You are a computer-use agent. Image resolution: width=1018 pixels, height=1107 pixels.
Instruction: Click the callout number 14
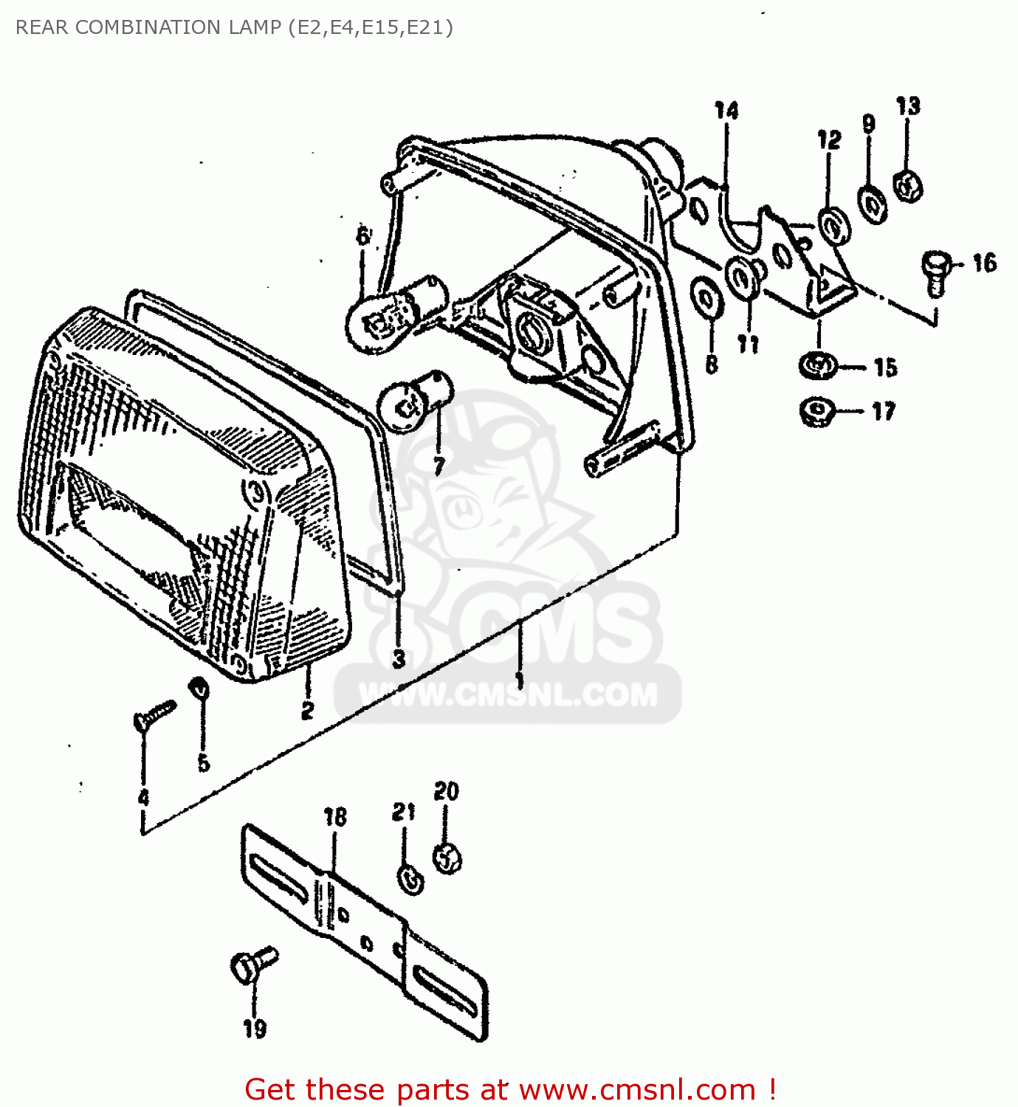pyautogui.click(x=726, y=111)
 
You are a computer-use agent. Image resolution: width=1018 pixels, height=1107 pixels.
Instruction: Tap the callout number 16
pyautogui.click(x=984, y=263)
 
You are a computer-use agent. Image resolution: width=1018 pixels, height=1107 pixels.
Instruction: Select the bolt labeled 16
pyautogui.click(x=935, y=272)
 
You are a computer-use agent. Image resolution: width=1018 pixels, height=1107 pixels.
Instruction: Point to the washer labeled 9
pyautogui.click(x=873, y=203)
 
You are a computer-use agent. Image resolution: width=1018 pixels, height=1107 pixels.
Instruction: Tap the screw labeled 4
pyautogui.click(x=154, y=714)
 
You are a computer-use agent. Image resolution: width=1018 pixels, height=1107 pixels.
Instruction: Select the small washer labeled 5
pyautogui.click(x=199, y=689)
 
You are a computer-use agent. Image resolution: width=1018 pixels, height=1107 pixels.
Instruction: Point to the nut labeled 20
pyautogui.click(x=447, y=858)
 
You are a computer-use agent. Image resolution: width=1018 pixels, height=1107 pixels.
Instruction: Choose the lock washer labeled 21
pyautogui.click(x=410, y=878)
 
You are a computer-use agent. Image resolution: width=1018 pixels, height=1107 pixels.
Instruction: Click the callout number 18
pyautogui.click(x=334, y=817)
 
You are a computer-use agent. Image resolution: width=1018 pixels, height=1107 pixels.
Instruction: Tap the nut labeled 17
pyautogui.click(x=816, y=411)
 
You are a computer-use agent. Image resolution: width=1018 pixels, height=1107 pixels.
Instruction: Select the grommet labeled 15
pyautogui.click(x=817, y=365)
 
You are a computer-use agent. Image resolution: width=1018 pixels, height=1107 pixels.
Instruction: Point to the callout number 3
pyautogui.click(x=399, y=658)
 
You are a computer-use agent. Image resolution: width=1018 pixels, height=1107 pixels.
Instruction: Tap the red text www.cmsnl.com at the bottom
pyautogui.click(x=637, y=1089)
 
